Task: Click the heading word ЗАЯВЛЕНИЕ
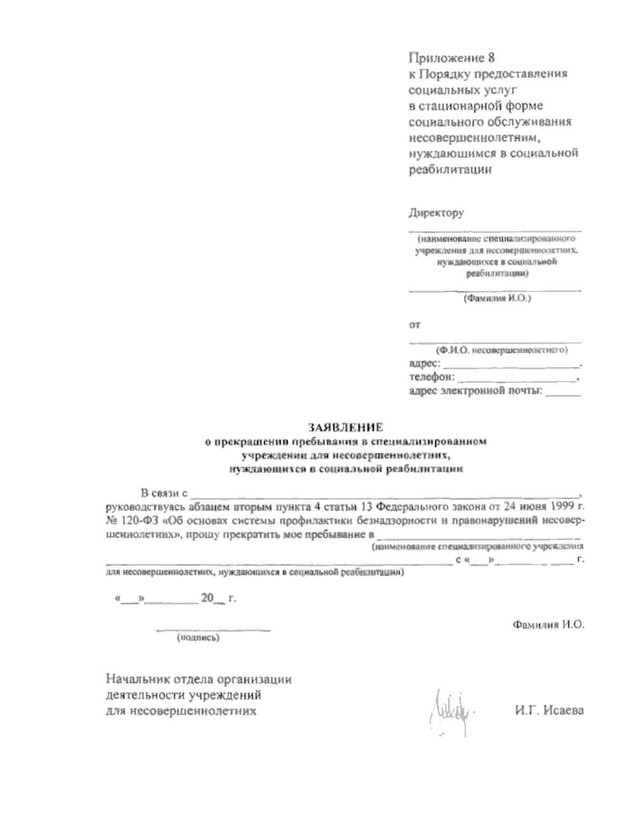tap(345, 427)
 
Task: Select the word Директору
tap(436, 213)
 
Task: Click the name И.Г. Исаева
tap(548, 711)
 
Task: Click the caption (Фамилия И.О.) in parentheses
tap(497, 299)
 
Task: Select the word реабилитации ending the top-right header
tap(450, 170)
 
